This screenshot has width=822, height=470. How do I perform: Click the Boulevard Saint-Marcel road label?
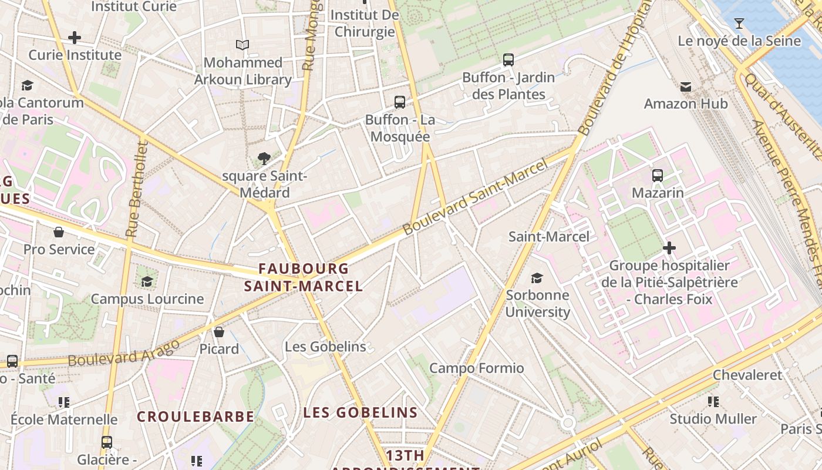point(476,196)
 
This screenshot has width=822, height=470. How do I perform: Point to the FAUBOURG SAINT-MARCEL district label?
point(304,277)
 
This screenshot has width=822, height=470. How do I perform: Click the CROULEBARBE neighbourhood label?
point(196,417)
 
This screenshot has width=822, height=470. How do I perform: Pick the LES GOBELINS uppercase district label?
point(361,412)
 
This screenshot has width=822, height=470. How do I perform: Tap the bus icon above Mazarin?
point(658,175)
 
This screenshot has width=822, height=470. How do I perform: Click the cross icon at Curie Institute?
point(75,38)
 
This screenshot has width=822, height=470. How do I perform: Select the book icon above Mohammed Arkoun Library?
point(242,45)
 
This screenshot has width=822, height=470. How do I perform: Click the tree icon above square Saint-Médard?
point(264,158)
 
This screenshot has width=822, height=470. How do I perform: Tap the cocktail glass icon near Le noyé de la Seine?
point(739,23)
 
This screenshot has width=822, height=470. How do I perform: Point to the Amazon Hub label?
point(685,104)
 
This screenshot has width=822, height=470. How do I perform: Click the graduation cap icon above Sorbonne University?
point(537,278)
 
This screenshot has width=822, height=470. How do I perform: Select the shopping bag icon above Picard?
point(219,332)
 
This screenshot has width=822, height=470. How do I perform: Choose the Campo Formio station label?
point(476,368)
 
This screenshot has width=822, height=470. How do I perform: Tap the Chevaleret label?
point(747,375)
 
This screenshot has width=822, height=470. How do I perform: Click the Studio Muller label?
point(713,419)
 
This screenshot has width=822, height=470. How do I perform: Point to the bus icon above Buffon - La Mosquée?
point(400,102)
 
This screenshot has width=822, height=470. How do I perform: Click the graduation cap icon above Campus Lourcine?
point(147,281)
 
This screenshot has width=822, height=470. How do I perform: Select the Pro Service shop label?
point(59,249)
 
